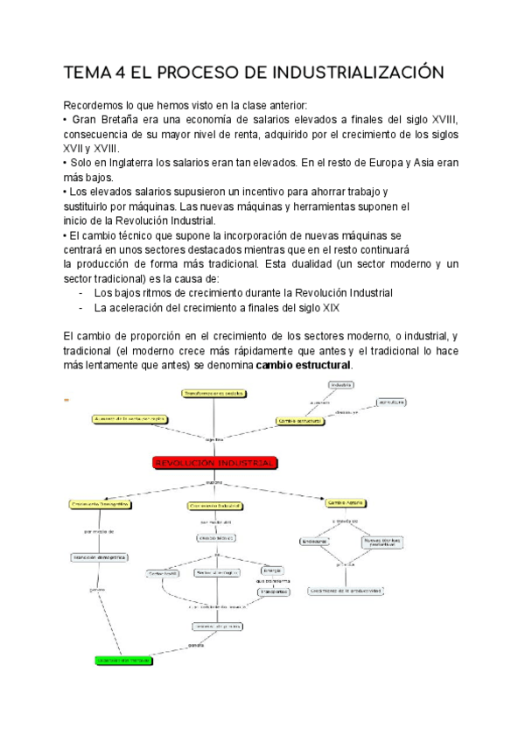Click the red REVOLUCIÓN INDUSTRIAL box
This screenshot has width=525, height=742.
(214, 462)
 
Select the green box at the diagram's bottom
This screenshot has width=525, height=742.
(123, 658)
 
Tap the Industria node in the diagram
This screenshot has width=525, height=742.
(341, 385)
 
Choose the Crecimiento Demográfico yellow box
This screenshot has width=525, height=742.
(100, 505)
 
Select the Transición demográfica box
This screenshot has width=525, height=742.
(100, 557)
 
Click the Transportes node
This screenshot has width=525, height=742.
(273, 591)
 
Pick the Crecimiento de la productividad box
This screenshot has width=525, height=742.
(346, 591)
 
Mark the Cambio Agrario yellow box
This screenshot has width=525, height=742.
(346, 504)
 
